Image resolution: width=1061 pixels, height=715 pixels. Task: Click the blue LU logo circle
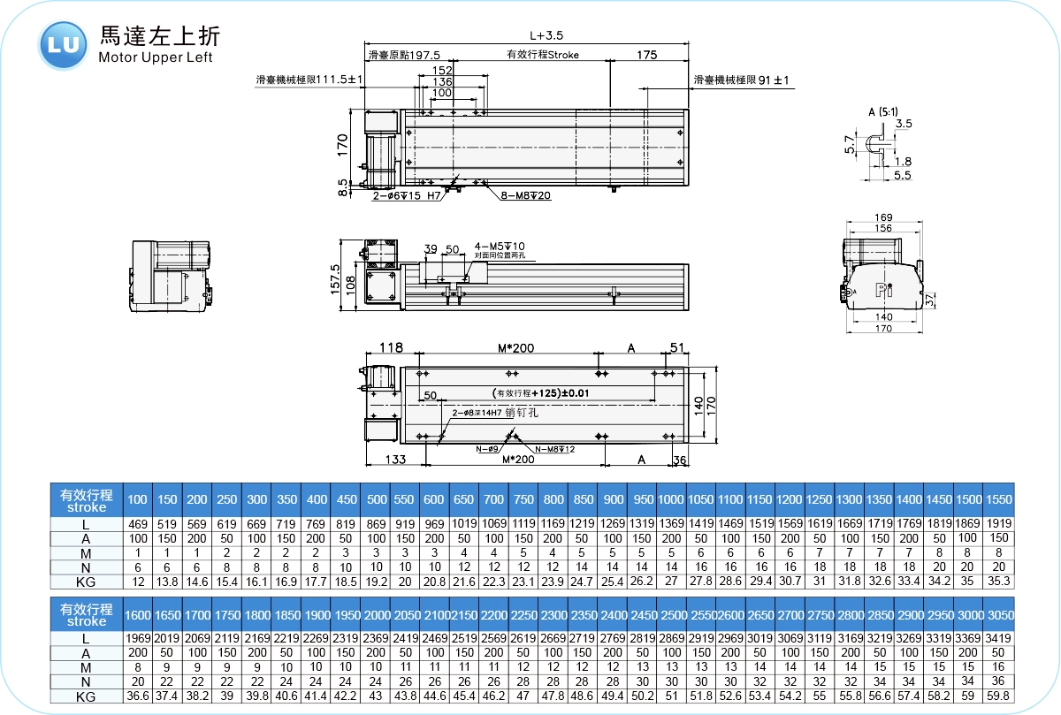pos(63,43)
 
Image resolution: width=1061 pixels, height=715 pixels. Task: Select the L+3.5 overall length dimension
pos(546,36)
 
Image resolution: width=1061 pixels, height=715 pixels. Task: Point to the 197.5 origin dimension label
pos(404,55)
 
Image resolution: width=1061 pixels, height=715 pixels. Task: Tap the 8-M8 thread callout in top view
pos(526,195)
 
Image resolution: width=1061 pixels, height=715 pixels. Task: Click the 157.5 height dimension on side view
pos(335,278)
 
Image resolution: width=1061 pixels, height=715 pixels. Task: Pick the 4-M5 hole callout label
pos(500,246)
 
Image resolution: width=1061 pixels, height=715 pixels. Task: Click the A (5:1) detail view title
pos(882,111)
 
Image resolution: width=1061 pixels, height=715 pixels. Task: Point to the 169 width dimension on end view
pos(882,217)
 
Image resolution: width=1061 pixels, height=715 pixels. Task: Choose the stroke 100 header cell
pos(138,500)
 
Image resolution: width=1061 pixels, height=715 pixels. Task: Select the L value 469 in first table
pos(138,523)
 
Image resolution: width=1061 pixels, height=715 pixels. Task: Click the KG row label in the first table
pos(86,582)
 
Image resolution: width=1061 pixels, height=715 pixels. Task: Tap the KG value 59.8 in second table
pos(999,696)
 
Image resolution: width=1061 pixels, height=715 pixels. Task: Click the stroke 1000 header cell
pos(671,500)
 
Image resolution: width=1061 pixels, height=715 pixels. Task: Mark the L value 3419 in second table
pos(999,638)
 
